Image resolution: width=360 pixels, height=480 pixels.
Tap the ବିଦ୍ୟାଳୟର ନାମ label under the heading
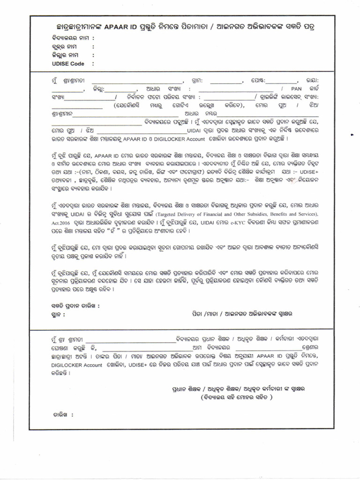70,38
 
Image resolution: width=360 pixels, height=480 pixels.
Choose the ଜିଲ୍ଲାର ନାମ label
65,55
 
